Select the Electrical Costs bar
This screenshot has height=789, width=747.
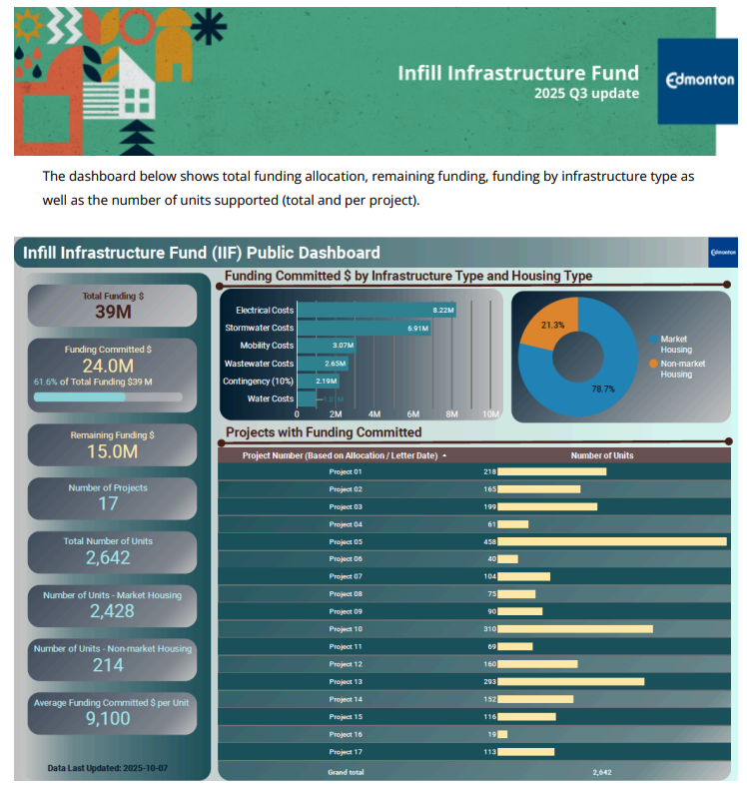[375, 311]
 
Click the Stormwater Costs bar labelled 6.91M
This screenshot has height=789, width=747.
[364, 328]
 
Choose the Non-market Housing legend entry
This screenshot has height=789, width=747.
[676, 369]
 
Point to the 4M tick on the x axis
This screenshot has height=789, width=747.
[374, 413]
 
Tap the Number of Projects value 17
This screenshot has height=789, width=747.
[108, 504]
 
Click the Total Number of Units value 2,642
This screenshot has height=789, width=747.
[108, 557]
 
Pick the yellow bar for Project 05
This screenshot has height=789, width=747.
[611, 541]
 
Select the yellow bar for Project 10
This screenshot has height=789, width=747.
[574, 629]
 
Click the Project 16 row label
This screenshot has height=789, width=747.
[346, 734]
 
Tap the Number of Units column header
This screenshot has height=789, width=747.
[601, 455]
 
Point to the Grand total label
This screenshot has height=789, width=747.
[346, 772]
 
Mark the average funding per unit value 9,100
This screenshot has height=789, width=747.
[108, 718]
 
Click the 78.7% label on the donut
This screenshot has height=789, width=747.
[602, 389]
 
